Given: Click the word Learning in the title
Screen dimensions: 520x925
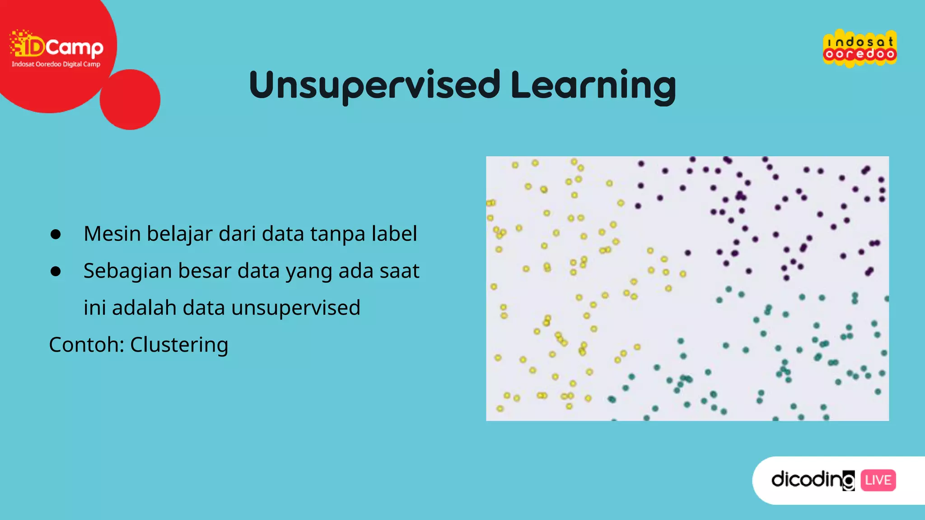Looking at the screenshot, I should point(593,86).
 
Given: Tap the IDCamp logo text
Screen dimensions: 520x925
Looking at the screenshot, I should point(57,46).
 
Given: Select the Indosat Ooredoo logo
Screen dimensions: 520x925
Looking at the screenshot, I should point(860,48).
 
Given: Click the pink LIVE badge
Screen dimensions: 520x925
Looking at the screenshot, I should point(878,480).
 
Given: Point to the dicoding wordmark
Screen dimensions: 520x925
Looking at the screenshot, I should point(812,479).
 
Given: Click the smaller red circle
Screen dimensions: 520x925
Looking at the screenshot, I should point(130,99).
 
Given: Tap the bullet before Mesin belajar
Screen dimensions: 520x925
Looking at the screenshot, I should point(56,234).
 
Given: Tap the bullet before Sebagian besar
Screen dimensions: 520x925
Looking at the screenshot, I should point(56,271).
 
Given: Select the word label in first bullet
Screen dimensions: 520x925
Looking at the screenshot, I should point(394,234).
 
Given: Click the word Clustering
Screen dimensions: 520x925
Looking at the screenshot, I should point(179,345).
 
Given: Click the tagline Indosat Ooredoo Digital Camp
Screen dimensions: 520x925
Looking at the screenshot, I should point(56,64).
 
